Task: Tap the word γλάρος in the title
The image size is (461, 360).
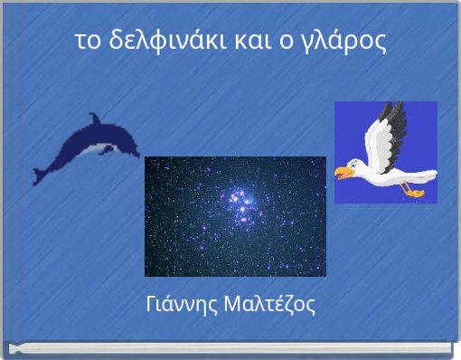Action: [x=348, y=42]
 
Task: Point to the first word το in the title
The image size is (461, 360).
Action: [x=87, y=42]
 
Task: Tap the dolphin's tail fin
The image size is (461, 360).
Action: [x=41, y=172]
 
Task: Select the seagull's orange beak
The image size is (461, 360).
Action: [x=342, y=171]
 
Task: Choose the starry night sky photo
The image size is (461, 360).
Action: [x=235, y=216]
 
